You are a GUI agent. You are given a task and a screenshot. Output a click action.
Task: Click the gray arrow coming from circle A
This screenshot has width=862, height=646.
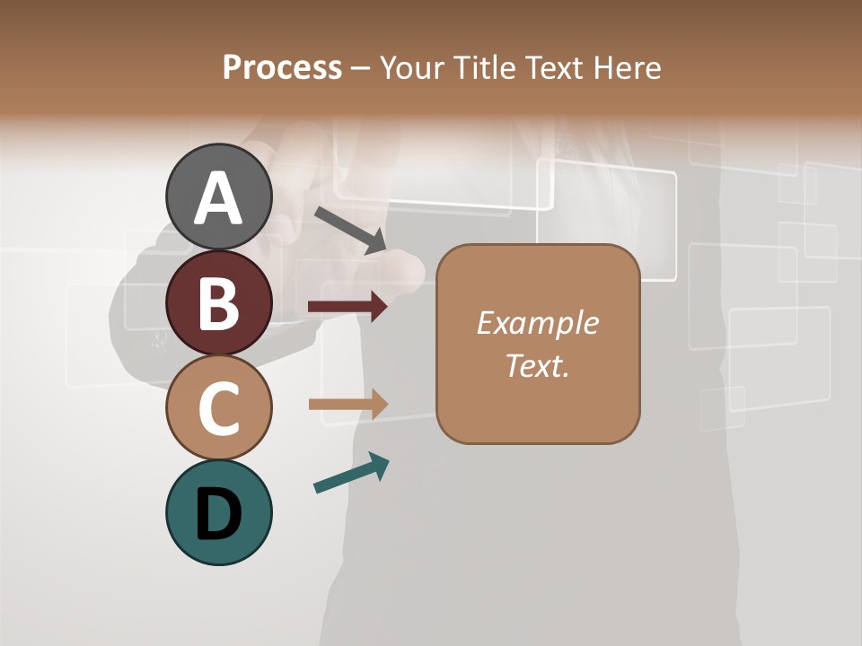point(350,229)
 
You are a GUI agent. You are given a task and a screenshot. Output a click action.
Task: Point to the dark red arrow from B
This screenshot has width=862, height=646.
point(347,307)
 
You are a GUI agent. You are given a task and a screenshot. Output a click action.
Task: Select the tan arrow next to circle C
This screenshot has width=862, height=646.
point(347,405)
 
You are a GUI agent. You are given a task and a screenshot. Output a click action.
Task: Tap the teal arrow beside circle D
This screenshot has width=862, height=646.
point(351,473)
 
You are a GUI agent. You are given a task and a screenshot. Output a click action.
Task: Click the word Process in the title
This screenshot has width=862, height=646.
point(282,68)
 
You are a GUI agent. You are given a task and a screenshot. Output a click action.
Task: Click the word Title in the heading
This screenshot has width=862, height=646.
point(488,68)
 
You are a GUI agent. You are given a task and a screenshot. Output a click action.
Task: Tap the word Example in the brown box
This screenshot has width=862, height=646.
point(537,323)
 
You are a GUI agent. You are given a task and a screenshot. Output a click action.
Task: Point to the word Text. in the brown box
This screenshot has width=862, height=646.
point(537,365)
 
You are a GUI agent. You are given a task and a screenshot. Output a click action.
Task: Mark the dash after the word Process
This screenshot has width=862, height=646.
point(361,69)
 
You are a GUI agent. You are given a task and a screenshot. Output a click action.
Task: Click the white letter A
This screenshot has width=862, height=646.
point(219,197)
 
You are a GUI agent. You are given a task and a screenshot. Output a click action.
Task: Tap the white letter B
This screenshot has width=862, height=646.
point(219,303)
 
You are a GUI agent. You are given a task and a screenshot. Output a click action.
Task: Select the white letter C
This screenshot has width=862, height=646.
point(219,408)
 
